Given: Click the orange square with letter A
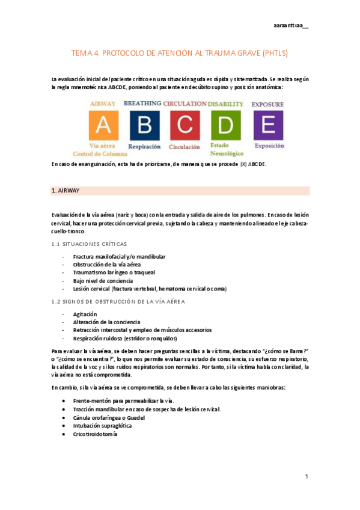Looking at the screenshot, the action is pos(103,125).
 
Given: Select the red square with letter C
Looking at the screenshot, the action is pos(185,125).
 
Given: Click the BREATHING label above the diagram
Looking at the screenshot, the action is pos(142,103).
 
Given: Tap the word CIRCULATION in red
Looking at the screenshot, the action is pos(185,103).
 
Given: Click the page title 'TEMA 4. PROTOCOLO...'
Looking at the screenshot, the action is pos(180,54).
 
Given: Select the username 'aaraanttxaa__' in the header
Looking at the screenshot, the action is pos(291,26).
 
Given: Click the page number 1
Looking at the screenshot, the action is pos(306,476).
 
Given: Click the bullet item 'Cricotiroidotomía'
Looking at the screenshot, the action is pos(95,434).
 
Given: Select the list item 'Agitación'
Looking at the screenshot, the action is pos(85,314).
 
